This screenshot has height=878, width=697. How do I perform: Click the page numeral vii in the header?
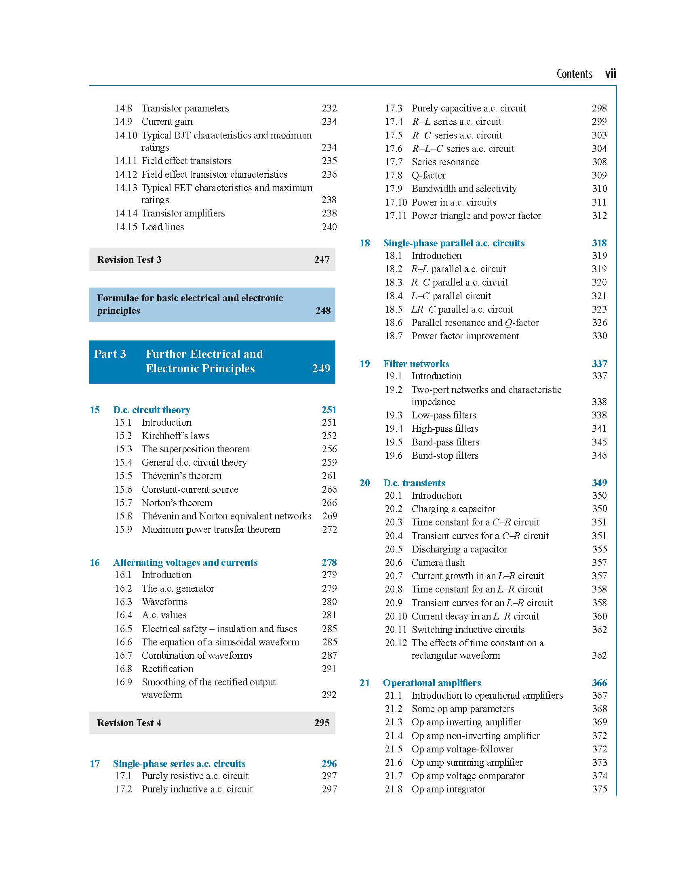pyautogui.click(x=610, y=74)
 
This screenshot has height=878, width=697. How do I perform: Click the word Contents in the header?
pyautogui.click(x=574, y=74)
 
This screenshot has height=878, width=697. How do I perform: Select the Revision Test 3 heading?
pyautogui.click(x=129, y=259)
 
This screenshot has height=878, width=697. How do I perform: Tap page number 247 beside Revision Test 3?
pyautogui.click(x=322, y=259)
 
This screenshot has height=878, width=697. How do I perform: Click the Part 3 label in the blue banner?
pyautogui.click(x=110, y=353)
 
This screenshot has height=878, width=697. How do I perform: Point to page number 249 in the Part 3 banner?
pyautogui.click(x=321, y=368)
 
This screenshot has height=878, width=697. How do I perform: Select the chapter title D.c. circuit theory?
pyautogui.click(x=152, y=410)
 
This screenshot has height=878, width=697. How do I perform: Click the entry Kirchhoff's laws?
pyautogui.click(x=175, y=436)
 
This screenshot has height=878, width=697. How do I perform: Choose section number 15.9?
pyautogui.click(x=123, y=529)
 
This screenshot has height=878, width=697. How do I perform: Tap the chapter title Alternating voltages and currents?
pyautogui.click(x=185, y=563)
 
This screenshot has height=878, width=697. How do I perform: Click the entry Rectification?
pyautogui.click(x=167, y=669)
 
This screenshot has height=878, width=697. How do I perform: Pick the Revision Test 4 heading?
pyautogui.click(x=129, y=723)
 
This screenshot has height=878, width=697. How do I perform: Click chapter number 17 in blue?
pyautogui.click(x=95, y=764)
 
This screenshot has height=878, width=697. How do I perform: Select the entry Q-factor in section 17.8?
pyautogui.click(x=429, y=175)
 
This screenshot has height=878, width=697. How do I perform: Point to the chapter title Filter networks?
pyautogui.click(x=416, y=363)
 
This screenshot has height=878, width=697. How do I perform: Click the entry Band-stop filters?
pyautogui.click(x=445, y=455)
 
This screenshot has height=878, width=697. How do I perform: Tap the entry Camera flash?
pyautogui.click(x=438, y=563)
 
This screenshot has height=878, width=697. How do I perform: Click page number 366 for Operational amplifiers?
pyautogui.click(x=599, y=683)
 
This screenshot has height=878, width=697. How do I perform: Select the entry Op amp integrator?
pyautogui.click(x=448, y=789)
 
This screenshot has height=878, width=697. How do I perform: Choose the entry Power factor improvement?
pyautogui.click(x=465, y=336)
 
